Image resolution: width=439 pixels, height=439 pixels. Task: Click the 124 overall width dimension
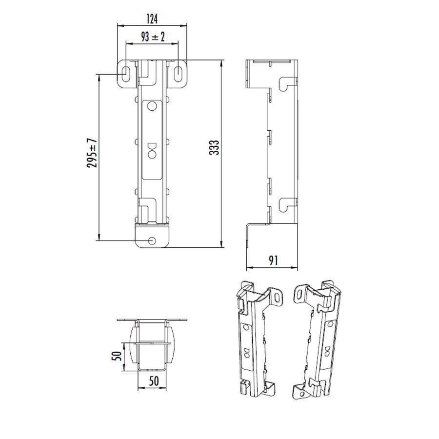[152, 19]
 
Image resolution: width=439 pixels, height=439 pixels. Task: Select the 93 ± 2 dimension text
[152, 37]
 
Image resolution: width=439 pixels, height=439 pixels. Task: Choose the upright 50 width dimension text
[154, 381]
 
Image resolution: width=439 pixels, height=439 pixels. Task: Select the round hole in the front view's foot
[153, 240]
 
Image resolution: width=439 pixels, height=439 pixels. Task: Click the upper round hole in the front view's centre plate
[152, 106]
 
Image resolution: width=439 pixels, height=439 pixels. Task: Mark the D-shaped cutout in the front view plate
[152, 146]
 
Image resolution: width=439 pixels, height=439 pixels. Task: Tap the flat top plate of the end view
[153, 320]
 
